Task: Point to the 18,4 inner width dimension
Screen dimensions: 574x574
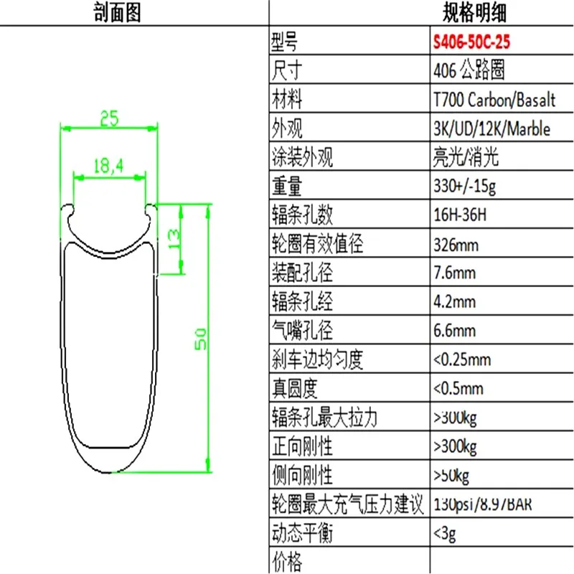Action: [x=109, y=166]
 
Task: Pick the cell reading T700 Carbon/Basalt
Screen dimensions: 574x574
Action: [x=494, y=100]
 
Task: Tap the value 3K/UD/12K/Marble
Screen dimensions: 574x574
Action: [x=491, y=129]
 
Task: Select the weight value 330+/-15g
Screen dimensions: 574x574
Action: [x=465, y=187]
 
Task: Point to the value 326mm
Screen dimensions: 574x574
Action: [x=456, y=245]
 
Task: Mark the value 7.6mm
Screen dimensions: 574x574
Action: [x=454, y=273]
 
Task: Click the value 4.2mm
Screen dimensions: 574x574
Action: [x=454, y=302]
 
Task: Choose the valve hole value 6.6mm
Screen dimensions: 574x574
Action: [x=454, y=331]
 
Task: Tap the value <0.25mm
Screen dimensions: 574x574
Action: [x=462, y=359]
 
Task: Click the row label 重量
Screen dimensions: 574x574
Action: [x=288, y=187]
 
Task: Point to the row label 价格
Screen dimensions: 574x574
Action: [x=288, y=560]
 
